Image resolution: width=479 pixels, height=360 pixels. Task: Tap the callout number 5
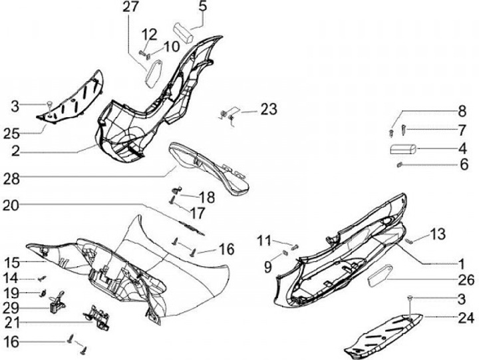coord(202,7)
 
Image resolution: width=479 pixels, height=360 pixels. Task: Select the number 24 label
coord(466,317)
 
